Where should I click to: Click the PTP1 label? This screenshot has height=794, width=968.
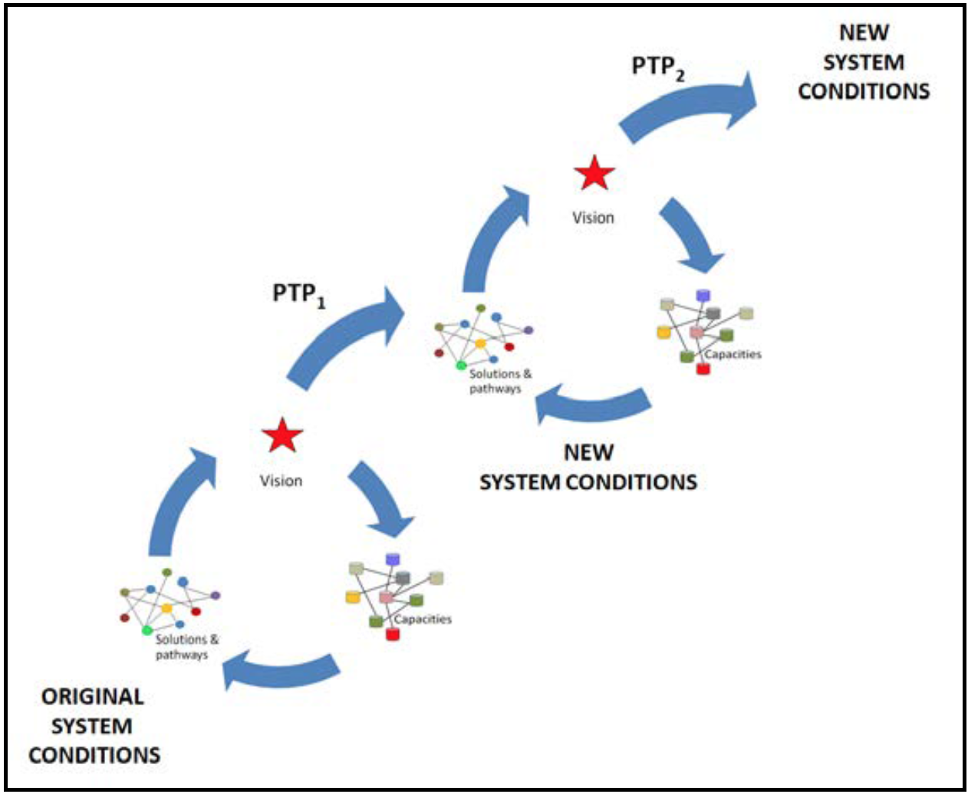(298, 294)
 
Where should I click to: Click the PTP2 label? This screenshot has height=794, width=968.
(657, 67)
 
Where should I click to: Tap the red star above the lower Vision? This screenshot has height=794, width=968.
(282, 436)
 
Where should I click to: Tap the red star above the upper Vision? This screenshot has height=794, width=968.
(594, 173)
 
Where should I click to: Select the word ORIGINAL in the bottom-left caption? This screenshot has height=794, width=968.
(92, 697)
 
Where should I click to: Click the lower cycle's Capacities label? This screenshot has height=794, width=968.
(423, 619)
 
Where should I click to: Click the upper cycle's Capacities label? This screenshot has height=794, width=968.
(733, 354)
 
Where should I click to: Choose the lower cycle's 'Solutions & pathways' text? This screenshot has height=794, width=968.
(186, 647)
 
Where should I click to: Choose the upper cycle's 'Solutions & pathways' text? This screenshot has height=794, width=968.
(499, 381)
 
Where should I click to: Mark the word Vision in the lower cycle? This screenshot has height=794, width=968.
(281, 481)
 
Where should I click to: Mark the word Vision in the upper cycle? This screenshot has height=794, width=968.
(593, 218)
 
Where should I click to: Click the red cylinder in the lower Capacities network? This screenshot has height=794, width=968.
(393, 634)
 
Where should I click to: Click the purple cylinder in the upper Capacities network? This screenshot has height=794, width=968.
(703, 296)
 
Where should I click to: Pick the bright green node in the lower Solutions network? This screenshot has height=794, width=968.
(147, 630)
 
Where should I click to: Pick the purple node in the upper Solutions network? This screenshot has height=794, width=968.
(528, 330)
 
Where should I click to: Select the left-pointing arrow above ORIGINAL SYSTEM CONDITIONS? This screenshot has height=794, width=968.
(281, 670)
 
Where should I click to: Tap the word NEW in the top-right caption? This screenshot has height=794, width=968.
(864, 33)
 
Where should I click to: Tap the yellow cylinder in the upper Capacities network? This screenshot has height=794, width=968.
(663, 332)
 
